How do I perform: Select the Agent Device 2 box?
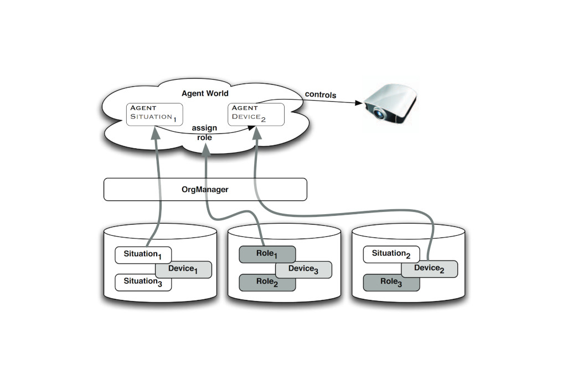pyautogui.click(x=256, y=113)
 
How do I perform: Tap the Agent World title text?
pyautogui.click(x=205, y=94)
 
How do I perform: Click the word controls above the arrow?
pyautogui.click(x=320, y=95)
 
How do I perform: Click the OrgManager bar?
pyautogui.click(x=205, y=189)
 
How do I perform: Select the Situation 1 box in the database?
pyautogui.click(x=143, y=255)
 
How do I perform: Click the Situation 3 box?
pyautogui.click(x=143, y=282)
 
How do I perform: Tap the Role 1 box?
pyautogui.click(x=267, y=255)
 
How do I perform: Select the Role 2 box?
pyautogui.click(x=267, y=281)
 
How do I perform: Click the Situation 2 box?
pyautogui.click(x=391, y=254)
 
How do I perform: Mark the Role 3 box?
pyautogui.click(x=391, y=282)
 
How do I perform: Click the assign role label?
pyautogui.click(x=204, y=132)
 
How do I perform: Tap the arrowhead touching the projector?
pyautogui.click(x=360, y=103)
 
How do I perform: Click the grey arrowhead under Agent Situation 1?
pyautogui.click(x=156, y=131)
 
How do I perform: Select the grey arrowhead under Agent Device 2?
pyautogui.click(x=257, y=131)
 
